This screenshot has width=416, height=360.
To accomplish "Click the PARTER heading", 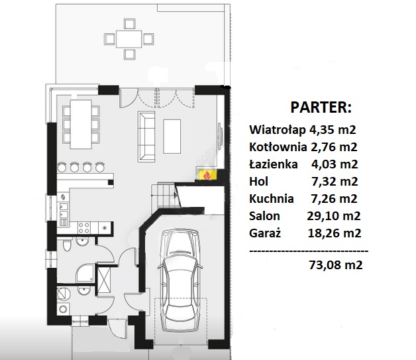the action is tap(321, 107).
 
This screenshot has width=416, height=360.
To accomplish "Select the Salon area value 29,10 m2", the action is tap(334, 216).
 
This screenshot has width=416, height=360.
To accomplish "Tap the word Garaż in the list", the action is tap(265, 233).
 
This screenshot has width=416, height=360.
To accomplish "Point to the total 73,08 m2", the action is tap(336, 265).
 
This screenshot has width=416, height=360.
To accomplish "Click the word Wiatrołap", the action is tap(278, 130).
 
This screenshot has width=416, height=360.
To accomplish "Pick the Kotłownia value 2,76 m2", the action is tap(334, 147).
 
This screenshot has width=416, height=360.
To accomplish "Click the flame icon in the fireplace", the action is tap(207, 175).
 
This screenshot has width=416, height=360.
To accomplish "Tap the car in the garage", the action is tap(180, 280).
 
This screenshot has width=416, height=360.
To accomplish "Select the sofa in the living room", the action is tap(146, 137).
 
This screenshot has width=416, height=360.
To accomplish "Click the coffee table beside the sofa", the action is tap(172, 137).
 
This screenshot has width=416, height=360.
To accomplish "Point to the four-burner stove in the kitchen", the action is tap(84, 228).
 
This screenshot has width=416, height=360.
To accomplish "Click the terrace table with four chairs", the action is tap(129, 39).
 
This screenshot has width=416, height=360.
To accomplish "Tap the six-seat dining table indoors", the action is tap(81, 124).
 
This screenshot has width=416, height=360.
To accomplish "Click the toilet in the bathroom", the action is tap(67, 245).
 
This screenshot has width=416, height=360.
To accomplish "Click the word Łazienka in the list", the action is tap(274, 164).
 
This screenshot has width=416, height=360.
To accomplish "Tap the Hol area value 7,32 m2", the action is tap(335, 182).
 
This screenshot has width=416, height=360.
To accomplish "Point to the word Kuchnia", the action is tap(272, 199).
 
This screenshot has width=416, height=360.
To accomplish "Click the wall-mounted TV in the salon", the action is tap(220, 136).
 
